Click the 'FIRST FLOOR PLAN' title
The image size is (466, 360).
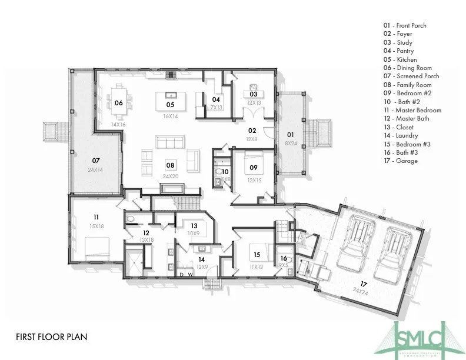pyautogui.click(x=52, y=337)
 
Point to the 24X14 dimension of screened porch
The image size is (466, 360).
pyautogui.click(x=95, y=169)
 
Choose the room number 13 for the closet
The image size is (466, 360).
pyautogui.click(x=194, y=225)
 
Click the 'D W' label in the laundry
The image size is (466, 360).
pyautogui.click(x=185, y=274)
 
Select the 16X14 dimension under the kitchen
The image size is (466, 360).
pyautogui.click(x=170, y=116)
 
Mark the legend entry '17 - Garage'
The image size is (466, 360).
pyautogui.click(x=400, y=161)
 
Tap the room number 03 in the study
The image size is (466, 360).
pyautogui.click(x=254, y=94)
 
